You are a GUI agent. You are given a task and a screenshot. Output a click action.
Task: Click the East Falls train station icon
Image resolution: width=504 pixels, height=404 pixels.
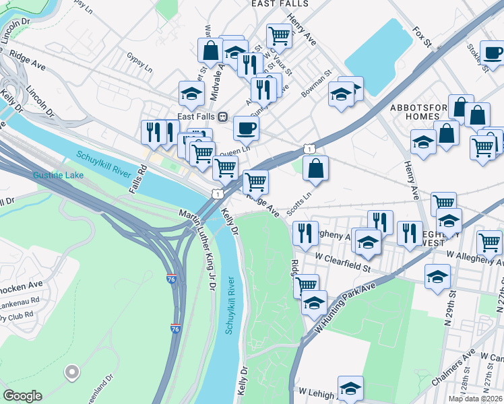click(x=222, y=116)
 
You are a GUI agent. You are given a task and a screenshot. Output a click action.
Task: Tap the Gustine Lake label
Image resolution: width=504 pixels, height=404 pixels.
click(x=58, y=175)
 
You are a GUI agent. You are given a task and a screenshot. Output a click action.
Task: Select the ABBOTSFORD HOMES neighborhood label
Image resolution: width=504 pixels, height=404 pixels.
click(x=423, y=112)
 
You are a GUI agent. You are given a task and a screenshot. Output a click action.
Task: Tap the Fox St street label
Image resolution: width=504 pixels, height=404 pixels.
click(x=422, y=37)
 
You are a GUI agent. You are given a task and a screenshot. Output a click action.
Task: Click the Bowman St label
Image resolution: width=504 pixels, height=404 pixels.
click(x=317, y=83)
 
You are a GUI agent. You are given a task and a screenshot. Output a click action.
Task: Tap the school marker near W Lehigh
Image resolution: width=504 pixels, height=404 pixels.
click(x=350, y=389)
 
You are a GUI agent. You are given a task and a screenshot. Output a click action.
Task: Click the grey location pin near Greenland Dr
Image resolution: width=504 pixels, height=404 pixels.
click(x=71, y=371)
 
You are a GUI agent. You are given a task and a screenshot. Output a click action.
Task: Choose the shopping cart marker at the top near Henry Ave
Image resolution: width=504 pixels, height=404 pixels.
click(x=279, y=35)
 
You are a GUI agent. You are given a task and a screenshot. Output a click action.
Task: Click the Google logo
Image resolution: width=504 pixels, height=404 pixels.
click(x=22, y=396)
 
